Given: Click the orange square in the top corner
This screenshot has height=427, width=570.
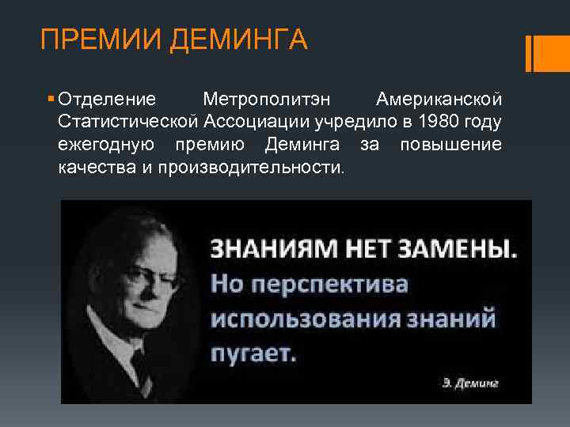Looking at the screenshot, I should click(x=546, y=53).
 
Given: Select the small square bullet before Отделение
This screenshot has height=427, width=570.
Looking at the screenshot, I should click(x=51, y=100).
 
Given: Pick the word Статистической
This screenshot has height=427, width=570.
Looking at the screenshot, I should click(x=128, y=123).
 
